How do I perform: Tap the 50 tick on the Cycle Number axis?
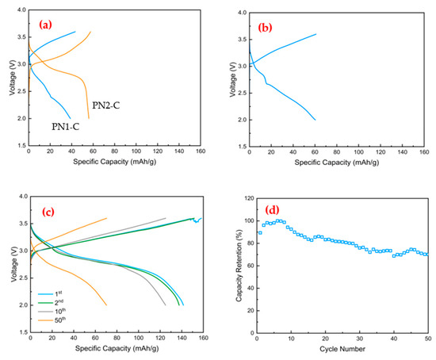[x=428, y=339]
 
